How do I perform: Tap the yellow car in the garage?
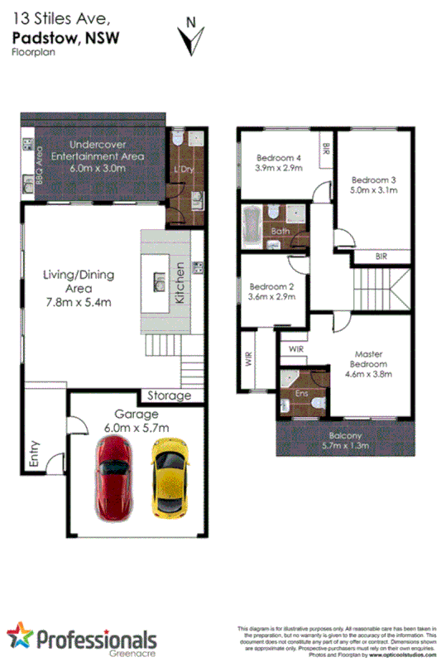(x=170, y=478)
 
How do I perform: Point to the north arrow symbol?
(x=193, y=36)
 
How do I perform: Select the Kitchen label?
(x=180, y=284)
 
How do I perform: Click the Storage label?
(x=169, y=396)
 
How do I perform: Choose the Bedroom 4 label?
(x=278, y=157)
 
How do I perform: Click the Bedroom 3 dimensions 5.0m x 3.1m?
(x=374, y=190)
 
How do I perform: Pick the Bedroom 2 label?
(x=272, y=287)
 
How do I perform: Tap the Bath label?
(x=279, y=231)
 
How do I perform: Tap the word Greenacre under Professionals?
(x=130, y=651)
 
